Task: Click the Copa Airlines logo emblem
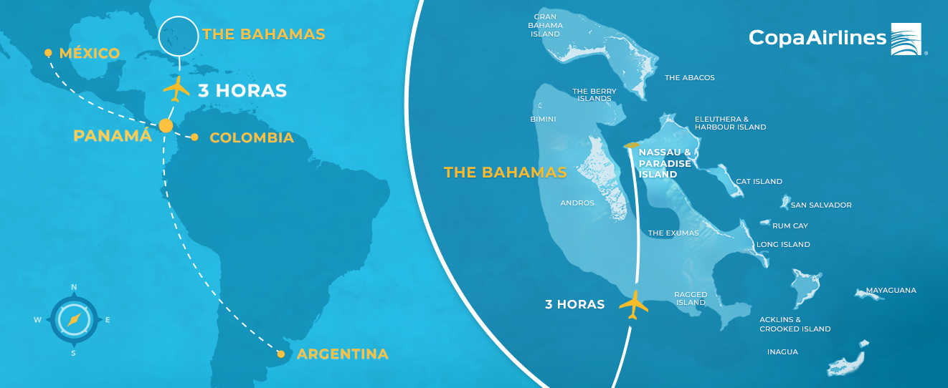(x=909, y=39)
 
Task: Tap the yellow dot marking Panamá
(x=166, y=125)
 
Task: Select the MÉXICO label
(x=89, y=54)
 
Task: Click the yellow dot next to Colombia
(x=194, y=137)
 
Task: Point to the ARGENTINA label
(x=343, y=354)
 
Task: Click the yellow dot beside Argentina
(x=281, y=354)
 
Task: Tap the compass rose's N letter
(x=74, y=287)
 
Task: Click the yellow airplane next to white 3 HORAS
(x=176, y=89)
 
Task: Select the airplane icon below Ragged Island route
(x=633, y=304)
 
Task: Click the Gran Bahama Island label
(x=546, y=25)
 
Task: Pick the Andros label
(x=577, y=203)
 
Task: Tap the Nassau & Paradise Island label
(x=665, y=163)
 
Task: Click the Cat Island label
(x=759, y=182)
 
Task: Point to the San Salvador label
(x=821, y=205)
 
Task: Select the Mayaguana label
(x=891, y=291)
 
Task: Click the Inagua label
(x=782, y=352)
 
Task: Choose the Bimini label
(x=543, y=120)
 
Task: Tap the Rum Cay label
(x=790, y=226)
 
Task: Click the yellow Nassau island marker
(x=631, y=146)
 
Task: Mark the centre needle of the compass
(x=74, y=320)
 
